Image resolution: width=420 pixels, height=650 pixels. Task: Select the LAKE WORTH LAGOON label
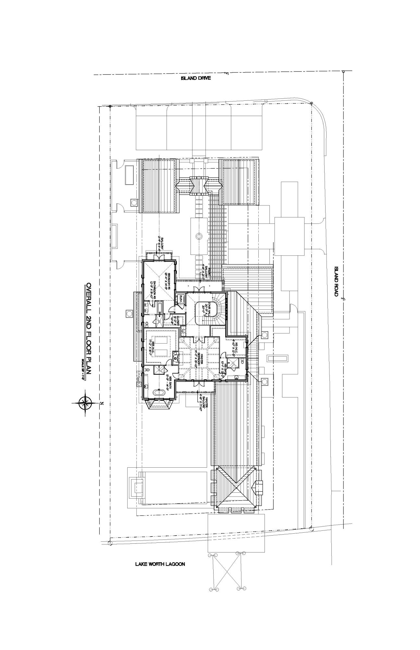click(160, 564)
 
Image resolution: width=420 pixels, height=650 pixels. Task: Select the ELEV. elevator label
click(179, 298)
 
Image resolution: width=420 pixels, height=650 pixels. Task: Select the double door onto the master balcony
click(197, 383)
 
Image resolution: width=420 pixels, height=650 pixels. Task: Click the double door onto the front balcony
click(197, 289)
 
